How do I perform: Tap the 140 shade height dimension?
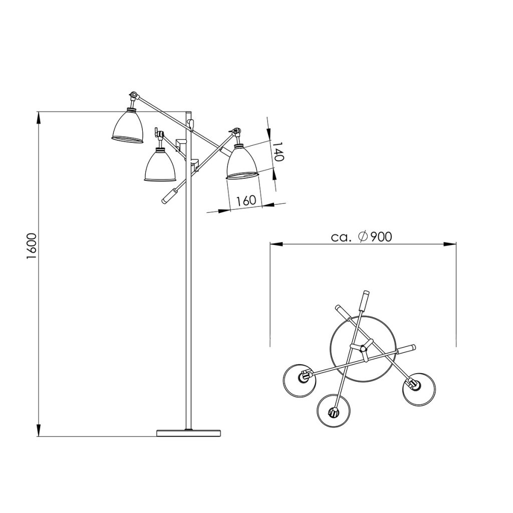[x=278, y=151]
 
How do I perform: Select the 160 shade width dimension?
[x=246, y=200]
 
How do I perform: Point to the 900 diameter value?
[x=381, y=236]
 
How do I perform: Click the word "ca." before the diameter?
[x=341, y=237]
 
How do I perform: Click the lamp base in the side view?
[x=188, y=433]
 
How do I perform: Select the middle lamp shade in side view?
[x=160, y=165]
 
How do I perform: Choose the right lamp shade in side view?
[x=243, y=162]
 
